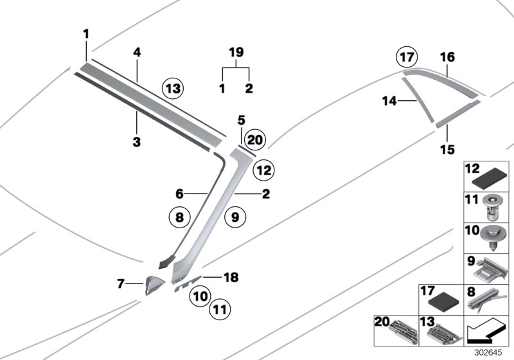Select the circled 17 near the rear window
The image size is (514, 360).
point(406,58)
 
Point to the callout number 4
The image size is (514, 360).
point(136,53)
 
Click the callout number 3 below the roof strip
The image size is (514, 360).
point(136,142)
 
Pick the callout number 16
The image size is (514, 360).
point(447,57)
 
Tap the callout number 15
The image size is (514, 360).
point(447,150)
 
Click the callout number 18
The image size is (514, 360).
point(231,277)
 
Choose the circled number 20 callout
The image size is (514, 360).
point(254,139)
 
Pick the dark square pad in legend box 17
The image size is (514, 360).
point(443,301)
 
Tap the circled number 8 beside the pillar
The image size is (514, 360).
point(179,217)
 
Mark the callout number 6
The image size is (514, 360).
point(181,192)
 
